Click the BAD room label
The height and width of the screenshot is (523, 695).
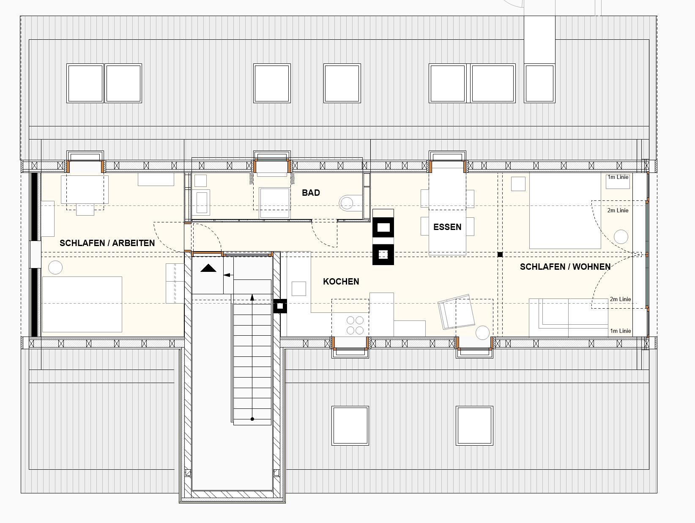[x=311, y=193]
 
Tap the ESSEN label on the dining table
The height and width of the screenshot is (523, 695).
[x=447, y=227]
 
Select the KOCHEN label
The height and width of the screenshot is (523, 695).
[x=341, y=282]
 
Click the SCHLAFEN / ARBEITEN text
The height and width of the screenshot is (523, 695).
[x=107, y=243]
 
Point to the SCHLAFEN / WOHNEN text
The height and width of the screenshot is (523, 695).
[x=565, y=267]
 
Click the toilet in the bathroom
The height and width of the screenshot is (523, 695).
[x=350, y=203]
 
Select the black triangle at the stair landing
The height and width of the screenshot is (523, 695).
[x=208, y=268]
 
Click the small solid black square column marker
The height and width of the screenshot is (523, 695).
[x=500, y=254]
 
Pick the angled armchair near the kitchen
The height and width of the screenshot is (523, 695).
[x=456, y=312]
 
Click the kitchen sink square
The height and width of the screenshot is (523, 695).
[x=298, y=289]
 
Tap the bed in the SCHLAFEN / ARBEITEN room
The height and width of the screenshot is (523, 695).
[x=82, y=304]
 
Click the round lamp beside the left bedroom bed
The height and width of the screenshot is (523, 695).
[x=55, y=268]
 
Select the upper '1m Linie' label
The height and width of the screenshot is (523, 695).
[x=618, y=177]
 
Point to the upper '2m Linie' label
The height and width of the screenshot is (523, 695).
[x=618, y=210]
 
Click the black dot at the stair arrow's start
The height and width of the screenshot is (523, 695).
[x=252, y=419]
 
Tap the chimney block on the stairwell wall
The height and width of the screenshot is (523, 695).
[x=280, y=306]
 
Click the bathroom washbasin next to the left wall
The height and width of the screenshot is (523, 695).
[x=202, y=202]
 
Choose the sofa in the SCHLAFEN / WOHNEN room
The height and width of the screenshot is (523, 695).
[x=568, y=317]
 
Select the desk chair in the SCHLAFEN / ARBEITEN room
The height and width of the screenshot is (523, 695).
[x=85, y=210]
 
